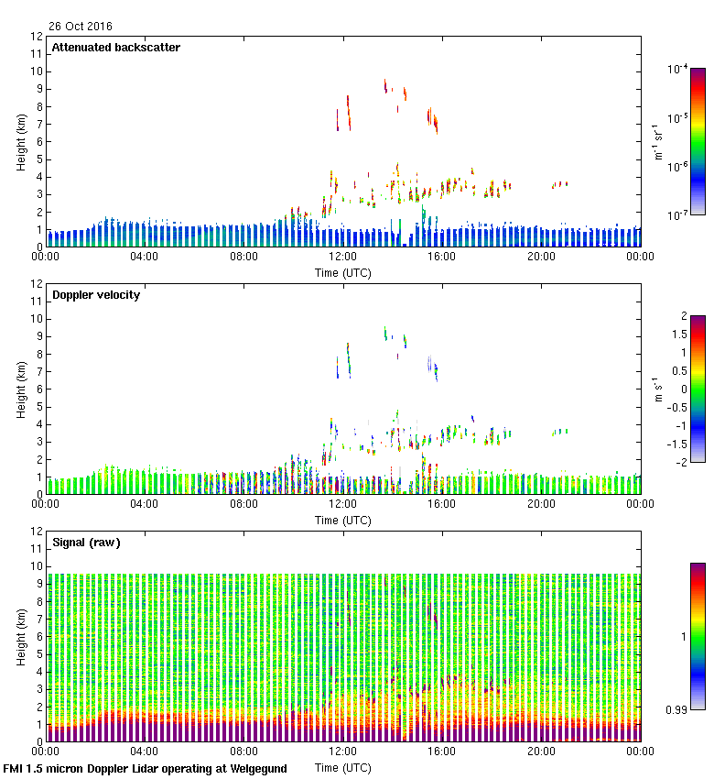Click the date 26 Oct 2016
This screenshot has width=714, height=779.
coord(81,26)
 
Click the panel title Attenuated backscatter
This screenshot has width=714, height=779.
coord(115,48)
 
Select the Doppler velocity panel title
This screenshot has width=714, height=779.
coord(96,295)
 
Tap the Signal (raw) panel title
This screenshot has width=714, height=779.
coord(86,543)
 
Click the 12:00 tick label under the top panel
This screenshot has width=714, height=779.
coord(342,258)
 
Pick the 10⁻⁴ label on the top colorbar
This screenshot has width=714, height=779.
coord(678,70)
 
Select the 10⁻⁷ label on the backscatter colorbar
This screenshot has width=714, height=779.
coord(678,215)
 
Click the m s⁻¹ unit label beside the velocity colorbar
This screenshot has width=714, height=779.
coord(656,389)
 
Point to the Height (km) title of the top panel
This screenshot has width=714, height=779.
coord(21,142)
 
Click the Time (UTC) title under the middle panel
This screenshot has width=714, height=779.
coord(342,520)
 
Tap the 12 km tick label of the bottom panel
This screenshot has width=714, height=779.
coord(37,532)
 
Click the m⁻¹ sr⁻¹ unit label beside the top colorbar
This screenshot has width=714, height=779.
coord(656,142)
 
